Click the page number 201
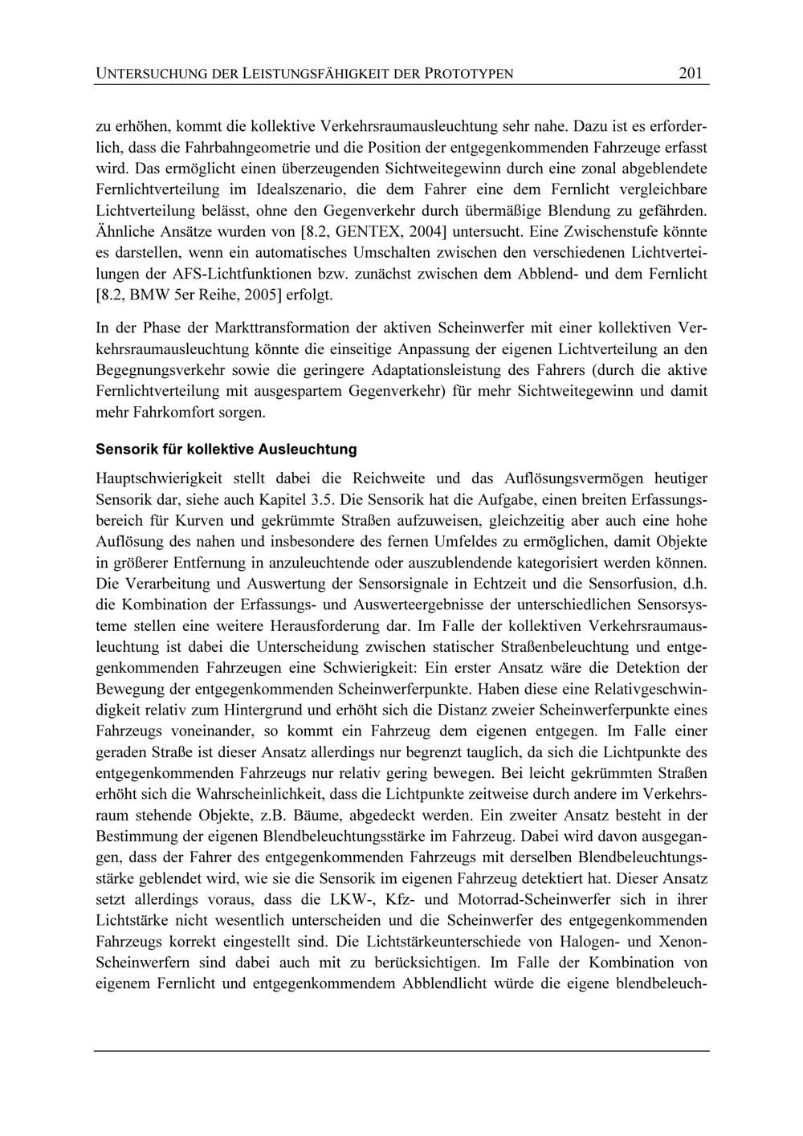[x=690, y=73]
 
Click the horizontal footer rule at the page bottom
[x=401, y=1050]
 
